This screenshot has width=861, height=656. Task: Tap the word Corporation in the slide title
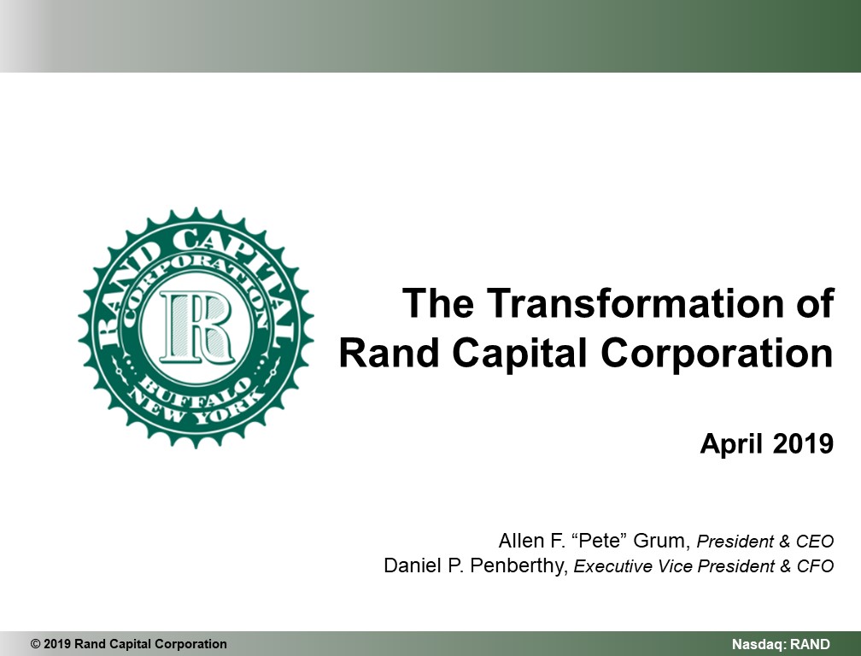coord(717,353)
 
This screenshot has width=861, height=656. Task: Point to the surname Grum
coord(662,541)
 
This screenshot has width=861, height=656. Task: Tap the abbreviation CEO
coord(815,542)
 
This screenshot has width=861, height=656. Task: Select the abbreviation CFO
coord(816,566)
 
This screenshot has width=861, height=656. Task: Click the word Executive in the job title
coord(605,566)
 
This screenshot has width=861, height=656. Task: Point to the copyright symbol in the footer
coord(36,644)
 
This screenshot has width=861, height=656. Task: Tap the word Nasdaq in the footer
coord(758,645)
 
